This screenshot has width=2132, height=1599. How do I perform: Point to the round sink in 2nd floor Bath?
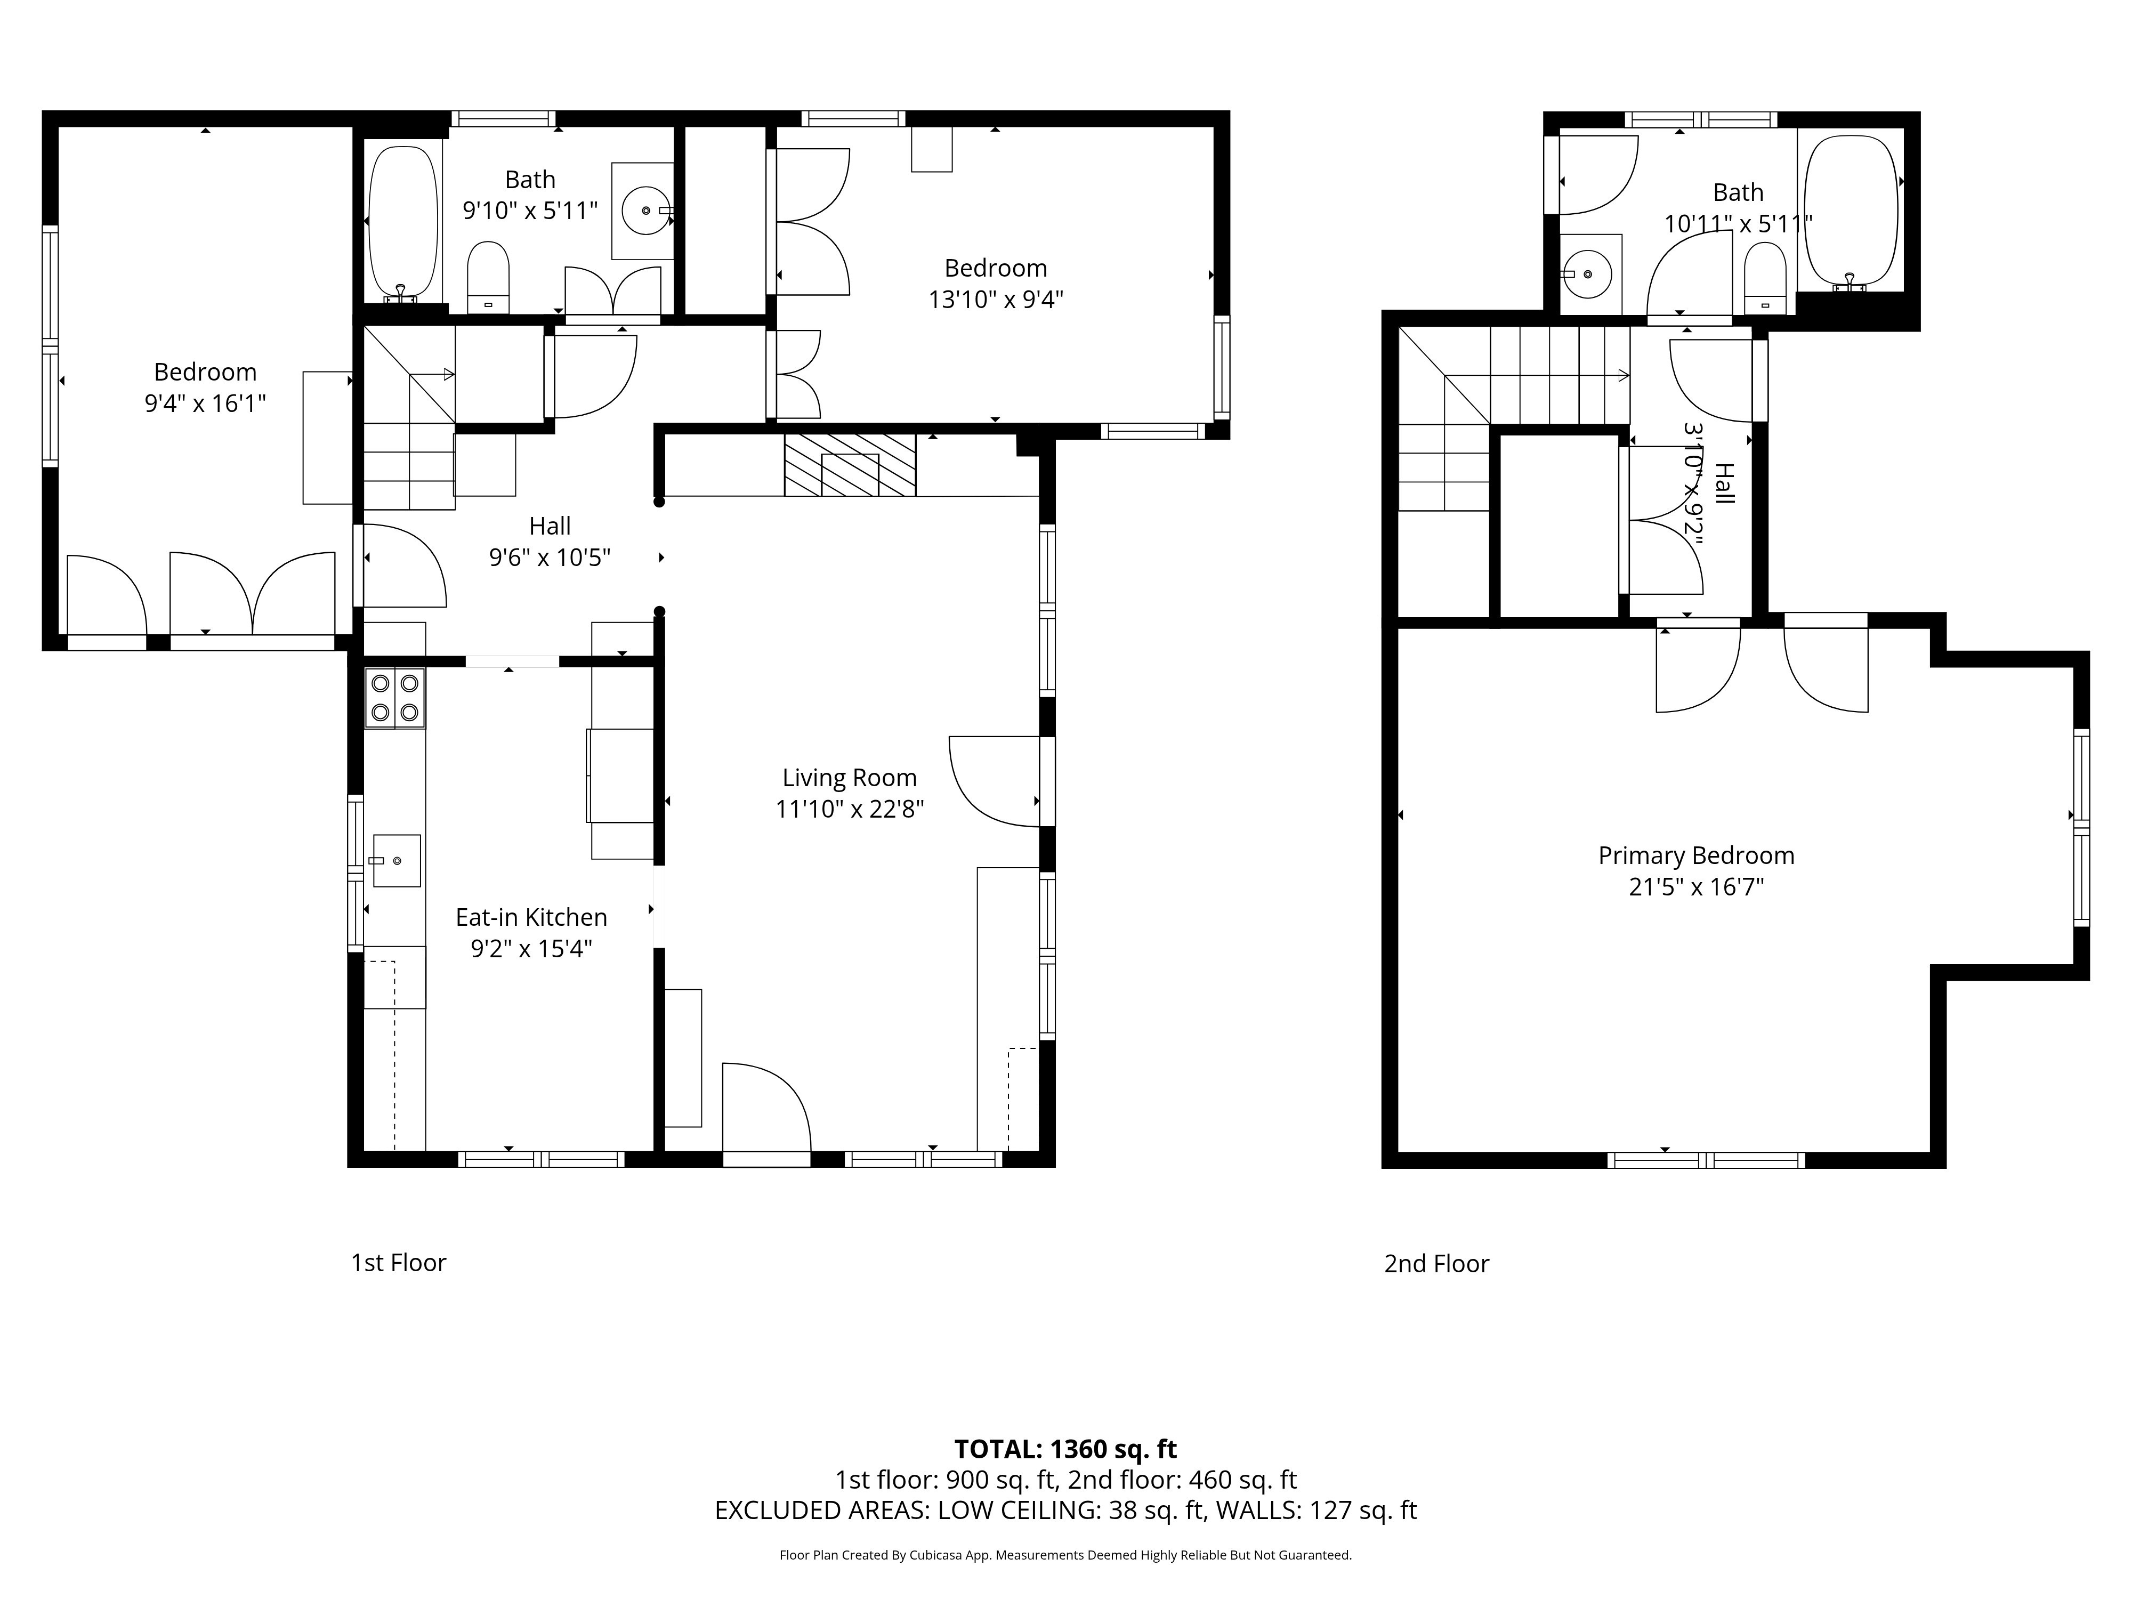1587,274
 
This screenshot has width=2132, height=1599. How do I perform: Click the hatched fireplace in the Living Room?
849,465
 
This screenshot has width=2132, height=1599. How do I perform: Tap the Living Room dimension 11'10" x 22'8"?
849,809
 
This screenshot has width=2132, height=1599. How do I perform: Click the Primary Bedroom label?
1695,855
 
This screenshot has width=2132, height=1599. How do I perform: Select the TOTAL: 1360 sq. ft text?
1065,1449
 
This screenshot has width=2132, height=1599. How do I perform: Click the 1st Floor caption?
398,1263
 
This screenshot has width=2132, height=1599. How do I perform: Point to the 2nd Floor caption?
1436,1264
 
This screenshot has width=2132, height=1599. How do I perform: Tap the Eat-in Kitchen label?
531,917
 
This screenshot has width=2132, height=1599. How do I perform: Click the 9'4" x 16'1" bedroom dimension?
205,403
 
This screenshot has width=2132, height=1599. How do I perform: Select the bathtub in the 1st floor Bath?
403,222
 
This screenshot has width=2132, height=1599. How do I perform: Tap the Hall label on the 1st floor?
550,526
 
